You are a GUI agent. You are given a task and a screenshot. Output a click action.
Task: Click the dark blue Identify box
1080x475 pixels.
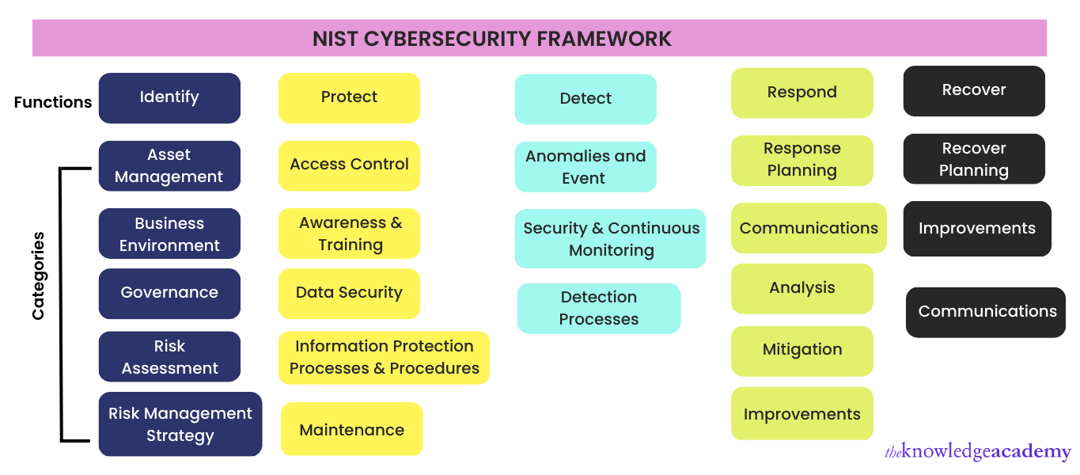[169, 97]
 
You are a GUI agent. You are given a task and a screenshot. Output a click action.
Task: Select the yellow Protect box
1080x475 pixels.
[349, 97]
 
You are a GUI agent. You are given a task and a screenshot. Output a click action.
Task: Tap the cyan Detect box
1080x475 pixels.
[585, 99]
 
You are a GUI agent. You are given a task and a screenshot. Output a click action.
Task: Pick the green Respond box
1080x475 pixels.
[801, 93]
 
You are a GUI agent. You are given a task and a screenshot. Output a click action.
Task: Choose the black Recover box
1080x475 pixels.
[974, 90]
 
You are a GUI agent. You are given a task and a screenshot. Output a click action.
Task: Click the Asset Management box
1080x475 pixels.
[169, 165]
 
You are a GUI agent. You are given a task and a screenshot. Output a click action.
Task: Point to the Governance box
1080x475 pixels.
[169, 293]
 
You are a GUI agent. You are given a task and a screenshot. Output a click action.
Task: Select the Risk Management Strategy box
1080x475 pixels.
[180, 424]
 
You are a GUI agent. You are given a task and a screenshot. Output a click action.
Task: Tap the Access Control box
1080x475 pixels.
[349, 165]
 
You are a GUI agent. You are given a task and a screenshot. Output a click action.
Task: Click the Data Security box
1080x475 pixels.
[349, 293]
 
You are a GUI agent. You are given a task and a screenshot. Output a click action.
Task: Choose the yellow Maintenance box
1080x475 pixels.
[351, 430]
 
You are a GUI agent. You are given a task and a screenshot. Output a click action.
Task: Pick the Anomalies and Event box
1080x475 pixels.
[585, 167]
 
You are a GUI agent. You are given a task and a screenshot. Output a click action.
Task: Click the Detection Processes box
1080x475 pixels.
[599, 308]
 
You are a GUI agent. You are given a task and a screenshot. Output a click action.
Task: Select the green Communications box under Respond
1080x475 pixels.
[809, 228]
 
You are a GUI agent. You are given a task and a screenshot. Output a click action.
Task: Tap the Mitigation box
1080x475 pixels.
[801, 350]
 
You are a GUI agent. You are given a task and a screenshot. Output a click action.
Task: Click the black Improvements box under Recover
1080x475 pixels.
[977, 229]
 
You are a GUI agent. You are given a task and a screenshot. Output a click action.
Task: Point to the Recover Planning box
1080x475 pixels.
[974, 159]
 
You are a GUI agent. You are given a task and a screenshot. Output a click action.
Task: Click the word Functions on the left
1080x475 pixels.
[53, 102]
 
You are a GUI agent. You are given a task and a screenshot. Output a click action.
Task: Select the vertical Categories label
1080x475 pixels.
[39, 275]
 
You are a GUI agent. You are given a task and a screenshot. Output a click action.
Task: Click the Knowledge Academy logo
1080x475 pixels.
[977, 452]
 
